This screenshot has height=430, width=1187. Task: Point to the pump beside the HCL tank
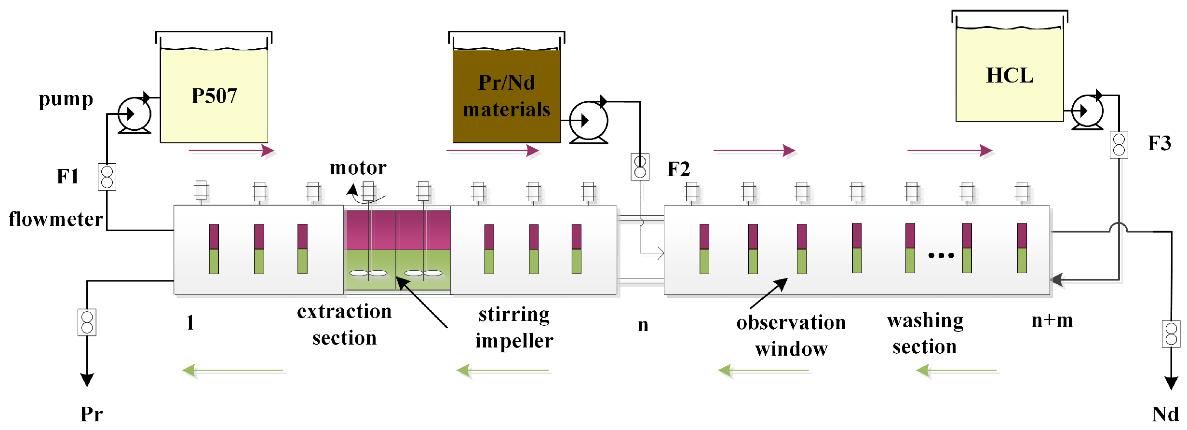pyautogui.click(x=1087, y=111)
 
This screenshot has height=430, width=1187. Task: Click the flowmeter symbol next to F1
pyautogui.click(x=107, y=177)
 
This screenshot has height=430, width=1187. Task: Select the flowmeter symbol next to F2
pyautogui.click(x=640, y=167)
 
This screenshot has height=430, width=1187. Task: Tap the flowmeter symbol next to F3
pyautogui.click(x=1119, y=144)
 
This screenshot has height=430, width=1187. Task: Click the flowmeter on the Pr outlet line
pyautogui.click(x=87, y=322)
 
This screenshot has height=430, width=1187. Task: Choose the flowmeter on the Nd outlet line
pyautogui.click(x=1171, y=334)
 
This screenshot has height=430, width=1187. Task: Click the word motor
pyautogui.click(x=358, y=168)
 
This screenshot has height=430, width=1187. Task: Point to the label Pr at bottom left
pyautogui.click(x=91, y=414)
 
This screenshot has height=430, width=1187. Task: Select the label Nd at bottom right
pyautogui.click(x=1165, y=414)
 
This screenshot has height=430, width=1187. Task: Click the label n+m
pyautogui.click(x=1052, y=320)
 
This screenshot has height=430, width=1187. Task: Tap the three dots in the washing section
pyautogui.click(x=941, y=255)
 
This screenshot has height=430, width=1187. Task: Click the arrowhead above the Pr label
pyautogui.click(x=87, y=380)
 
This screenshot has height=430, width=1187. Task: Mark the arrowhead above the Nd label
pyautogui.click(x=1171, y=383)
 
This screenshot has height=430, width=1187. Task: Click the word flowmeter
pyautogui.click(x=56, y=219)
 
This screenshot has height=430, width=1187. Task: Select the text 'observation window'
pyautogui.click(x=791, y=335)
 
